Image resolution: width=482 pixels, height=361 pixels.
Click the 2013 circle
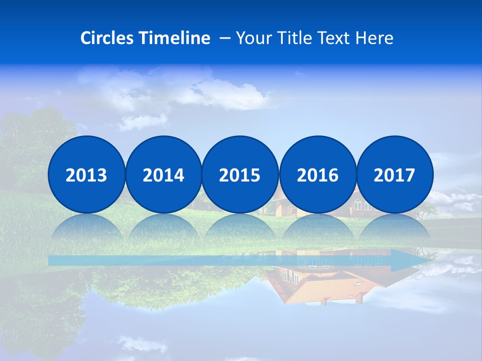click(86, 174)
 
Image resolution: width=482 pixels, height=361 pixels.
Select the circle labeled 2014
click(163, 174)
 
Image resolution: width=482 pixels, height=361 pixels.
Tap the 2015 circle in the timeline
click(240, 174)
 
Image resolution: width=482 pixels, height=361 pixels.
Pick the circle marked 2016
click(317, 174)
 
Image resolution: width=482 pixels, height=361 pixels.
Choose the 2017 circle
click(395, 174)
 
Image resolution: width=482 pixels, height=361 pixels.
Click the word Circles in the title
click(107, 38)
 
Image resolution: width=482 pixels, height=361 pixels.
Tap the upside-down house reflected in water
click(321, 286)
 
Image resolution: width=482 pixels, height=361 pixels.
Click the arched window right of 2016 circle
click(358, 205)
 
